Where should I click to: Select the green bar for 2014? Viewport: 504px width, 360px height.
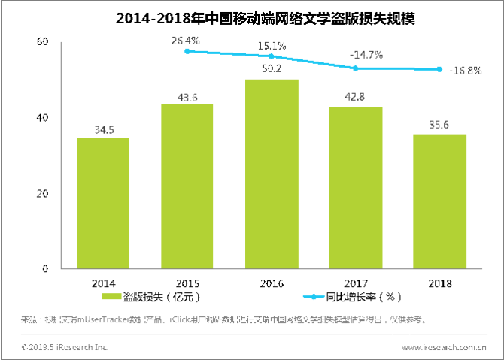(x=103, y=203)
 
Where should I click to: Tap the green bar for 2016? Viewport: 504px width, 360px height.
(x=272, y=174)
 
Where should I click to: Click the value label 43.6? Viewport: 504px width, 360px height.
(x=187, y=97)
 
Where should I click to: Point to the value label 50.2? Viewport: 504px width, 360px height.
(x=272, y=71)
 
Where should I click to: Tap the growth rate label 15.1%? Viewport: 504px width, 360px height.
(x=272, y=46)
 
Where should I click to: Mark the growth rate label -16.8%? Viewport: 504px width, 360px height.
(x=465, y=71)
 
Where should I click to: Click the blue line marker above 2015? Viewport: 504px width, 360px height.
(x=187, y=51)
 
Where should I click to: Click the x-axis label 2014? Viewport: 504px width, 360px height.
(x=103, y=283)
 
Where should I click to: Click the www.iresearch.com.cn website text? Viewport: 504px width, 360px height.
(x=443, y=347)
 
